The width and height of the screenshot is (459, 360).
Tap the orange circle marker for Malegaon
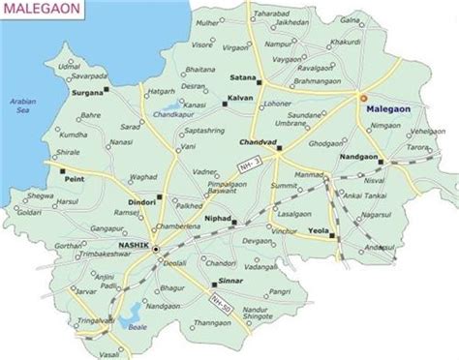pyautogui.click(x=362, y=98)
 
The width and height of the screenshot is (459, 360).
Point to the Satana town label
pyautogui.click(x=242, y=75)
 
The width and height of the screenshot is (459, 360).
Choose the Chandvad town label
pyautogui.click(x=258, y=142)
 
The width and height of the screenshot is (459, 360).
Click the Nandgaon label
pyautogui.click(x=359, y=155)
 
